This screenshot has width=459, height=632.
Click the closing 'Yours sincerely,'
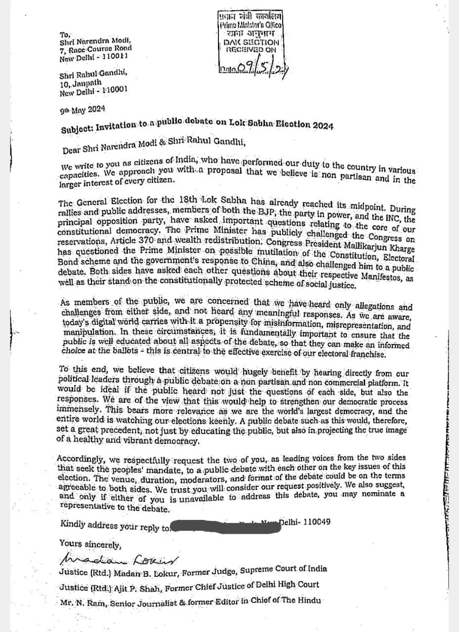coord(89,544)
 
